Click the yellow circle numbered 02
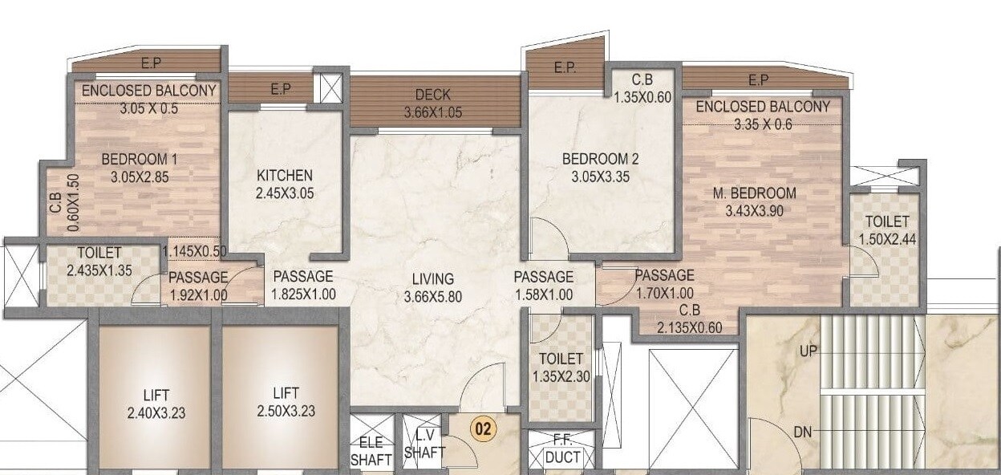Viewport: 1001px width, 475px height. [x=483, y=429]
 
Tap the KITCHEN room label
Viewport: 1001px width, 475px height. [x=284, y=176]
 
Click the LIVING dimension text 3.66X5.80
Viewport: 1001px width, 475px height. [x=433, y=296]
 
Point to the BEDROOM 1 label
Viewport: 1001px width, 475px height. [x=135, y=160]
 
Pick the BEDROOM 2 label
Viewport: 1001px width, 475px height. [x=600, y=159]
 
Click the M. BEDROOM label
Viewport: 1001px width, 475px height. [x=754, y=193]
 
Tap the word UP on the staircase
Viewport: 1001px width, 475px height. [x=808, y=351]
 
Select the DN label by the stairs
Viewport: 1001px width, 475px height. [x=803, y=432]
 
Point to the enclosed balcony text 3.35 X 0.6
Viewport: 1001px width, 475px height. [x=762, y=124]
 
